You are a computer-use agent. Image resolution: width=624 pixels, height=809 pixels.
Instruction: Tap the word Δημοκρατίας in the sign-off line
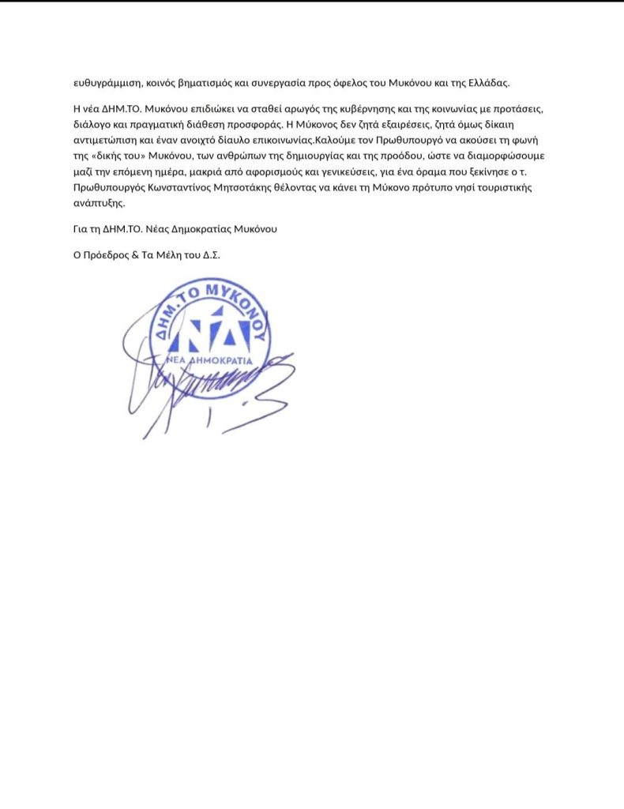[206, 229]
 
